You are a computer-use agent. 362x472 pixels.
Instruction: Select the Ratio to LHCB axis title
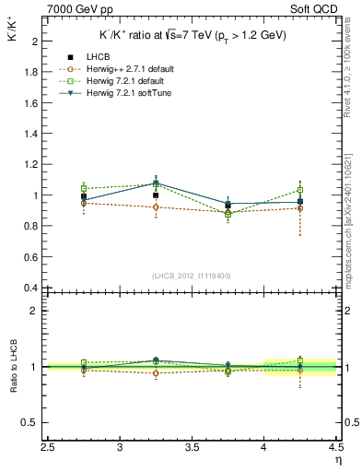(x=14, y=369)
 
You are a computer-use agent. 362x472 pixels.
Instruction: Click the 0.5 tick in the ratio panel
(x=29, y=422)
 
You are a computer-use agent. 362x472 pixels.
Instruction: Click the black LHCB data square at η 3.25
(x=156, y=195)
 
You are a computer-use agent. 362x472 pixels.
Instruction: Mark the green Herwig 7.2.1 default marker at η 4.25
(x=299, y=190)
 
